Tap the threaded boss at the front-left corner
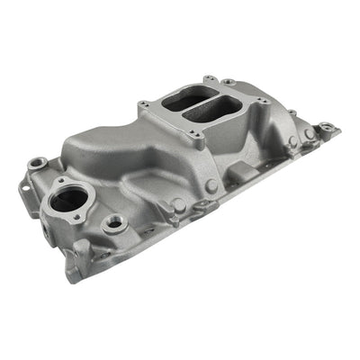[36, 164]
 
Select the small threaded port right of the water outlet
[113, 221]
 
